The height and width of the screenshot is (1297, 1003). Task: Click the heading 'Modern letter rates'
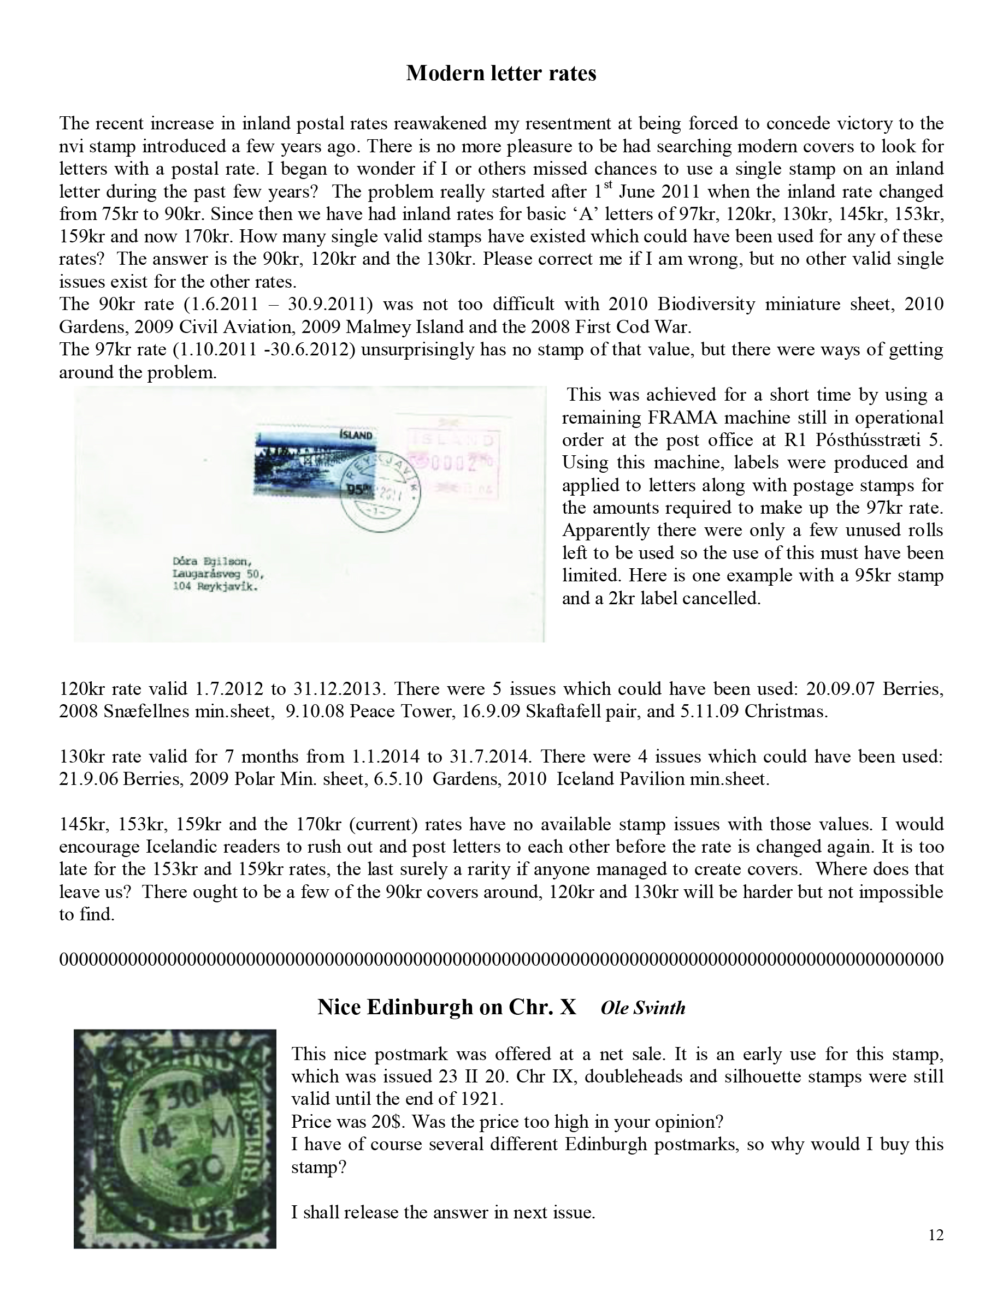pos(501,73)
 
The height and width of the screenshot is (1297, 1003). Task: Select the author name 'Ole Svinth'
pos(643,1008)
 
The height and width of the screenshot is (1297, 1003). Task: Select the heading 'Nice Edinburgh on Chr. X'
pos(447,1007)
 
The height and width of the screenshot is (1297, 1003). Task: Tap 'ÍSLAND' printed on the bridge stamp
pos(356,435)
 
